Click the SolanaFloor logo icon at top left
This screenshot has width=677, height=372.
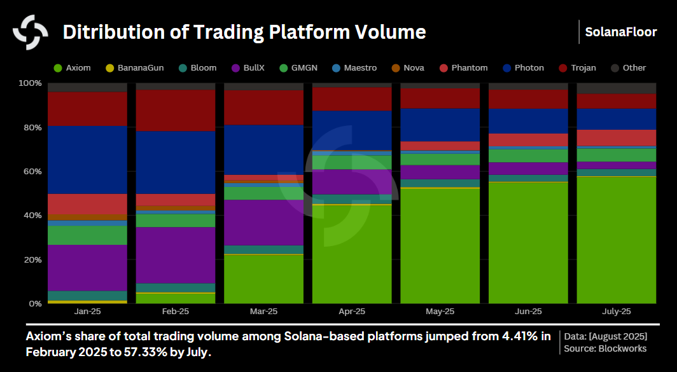click(31, 32)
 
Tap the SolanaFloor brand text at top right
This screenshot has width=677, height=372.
click(620, 32)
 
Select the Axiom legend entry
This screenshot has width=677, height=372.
click(73, 68)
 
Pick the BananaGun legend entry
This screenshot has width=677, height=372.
click(135, 68)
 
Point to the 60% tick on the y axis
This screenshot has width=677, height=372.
click(31, 172)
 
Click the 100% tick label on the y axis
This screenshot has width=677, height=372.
click(29, 83)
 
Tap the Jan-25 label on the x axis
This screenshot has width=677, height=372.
click(87, 312)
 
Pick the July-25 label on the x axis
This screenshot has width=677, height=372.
click(616, 312)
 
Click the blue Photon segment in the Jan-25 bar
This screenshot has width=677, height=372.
click(87, 160)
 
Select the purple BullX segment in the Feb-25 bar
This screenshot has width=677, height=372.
click(176, 255)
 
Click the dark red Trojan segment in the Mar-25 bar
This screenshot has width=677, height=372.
click(264, 107)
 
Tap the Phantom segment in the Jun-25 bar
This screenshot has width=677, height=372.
click(528, 139)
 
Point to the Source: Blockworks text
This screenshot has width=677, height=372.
click(604, 348)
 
